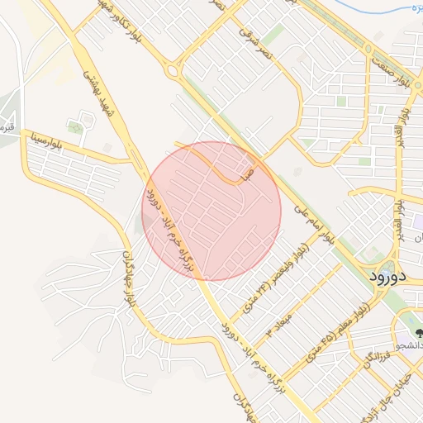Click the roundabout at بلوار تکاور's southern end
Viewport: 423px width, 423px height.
click(x=172, y=71)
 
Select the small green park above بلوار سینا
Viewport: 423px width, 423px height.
click(x=75, y=127)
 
